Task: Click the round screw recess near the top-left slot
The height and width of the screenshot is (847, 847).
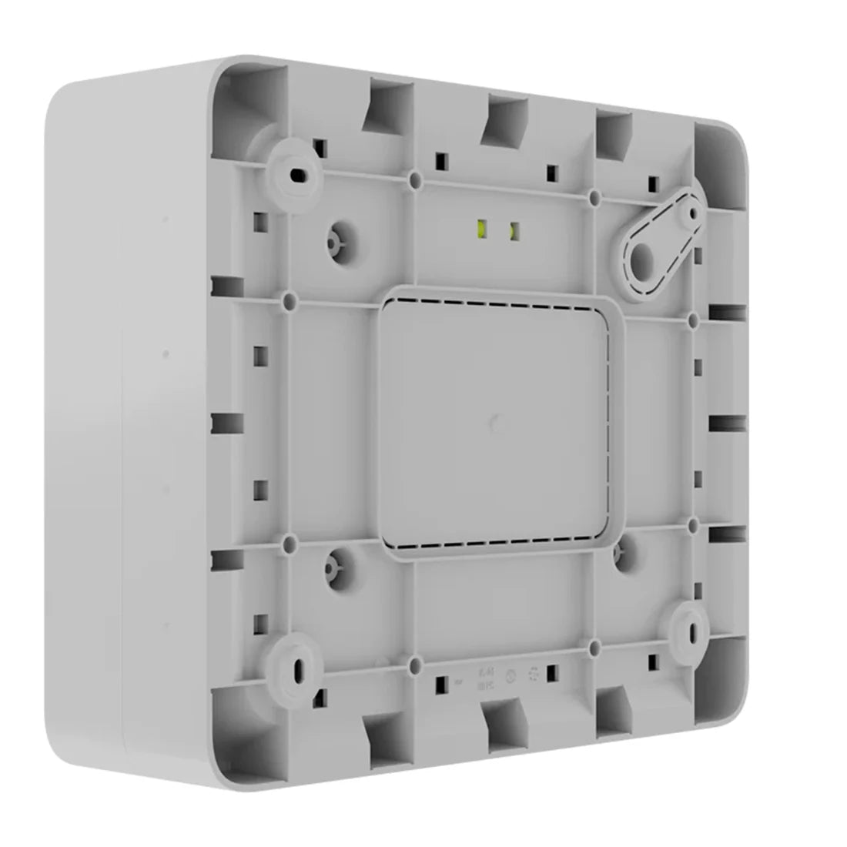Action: point(334,242)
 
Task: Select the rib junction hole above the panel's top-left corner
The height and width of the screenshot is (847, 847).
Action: point(415,181)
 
